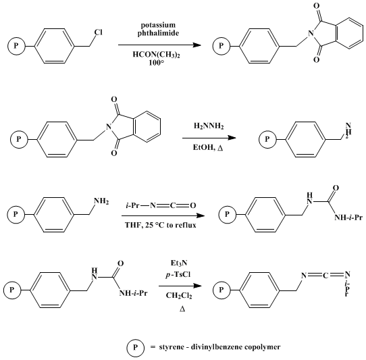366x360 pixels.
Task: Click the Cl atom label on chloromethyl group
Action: coord(99,32)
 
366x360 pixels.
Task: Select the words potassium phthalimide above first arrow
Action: coord(158,29)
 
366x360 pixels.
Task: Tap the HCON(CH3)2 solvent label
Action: coord(157,55)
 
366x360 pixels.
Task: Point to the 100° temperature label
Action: coord(157,63)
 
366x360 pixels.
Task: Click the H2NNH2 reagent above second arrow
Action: coord(209,126)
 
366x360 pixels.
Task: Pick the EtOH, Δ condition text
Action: coord(208,147)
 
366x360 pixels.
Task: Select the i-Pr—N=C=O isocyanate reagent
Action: coord(161,205)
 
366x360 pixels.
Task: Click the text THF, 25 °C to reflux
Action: coord(161,225)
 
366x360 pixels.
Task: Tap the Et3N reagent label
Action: coord(179,263)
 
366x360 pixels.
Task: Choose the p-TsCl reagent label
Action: coord(178,275)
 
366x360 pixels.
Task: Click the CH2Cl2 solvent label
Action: coord(179,296)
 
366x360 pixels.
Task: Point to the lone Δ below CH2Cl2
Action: coord(182,309)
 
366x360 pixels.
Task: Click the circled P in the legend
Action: coord(135,348)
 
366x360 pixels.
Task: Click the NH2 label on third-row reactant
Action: coord(101,201)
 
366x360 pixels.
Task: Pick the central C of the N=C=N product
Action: coord(325,276)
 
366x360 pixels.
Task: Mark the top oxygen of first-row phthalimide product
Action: coord(317,6)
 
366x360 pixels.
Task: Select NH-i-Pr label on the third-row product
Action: coord(348,217)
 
